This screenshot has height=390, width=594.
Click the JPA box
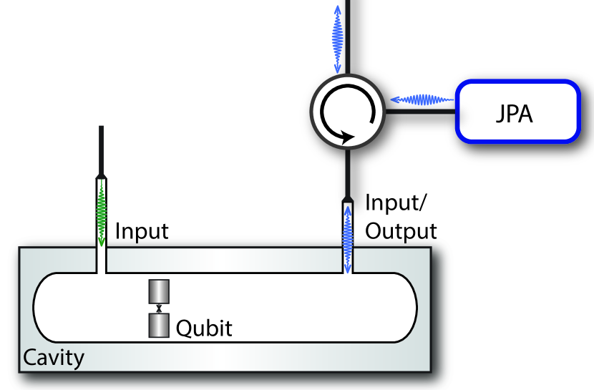pos(516,112)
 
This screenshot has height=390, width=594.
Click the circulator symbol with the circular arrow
pos(347,112)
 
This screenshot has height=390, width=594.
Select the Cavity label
pos(54,356)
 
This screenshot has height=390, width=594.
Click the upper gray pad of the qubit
pos(158,292)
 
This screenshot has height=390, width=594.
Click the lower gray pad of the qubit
pos(158,325)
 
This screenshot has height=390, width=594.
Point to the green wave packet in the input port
pos(102,212)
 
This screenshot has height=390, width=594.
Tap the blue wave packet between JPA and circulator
pos(422,99)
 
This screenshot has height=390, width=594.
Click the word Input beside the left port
pos(142,231)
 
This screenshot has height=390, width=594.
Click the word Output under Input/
pos(401,231)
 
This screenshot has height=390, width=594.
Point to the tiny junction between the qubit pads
pos(158,308)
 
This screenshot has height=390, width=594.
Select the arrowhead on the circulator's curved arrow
pos(347,136)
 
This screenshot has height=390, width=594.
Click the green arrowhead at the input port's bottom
pos(102,241)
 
